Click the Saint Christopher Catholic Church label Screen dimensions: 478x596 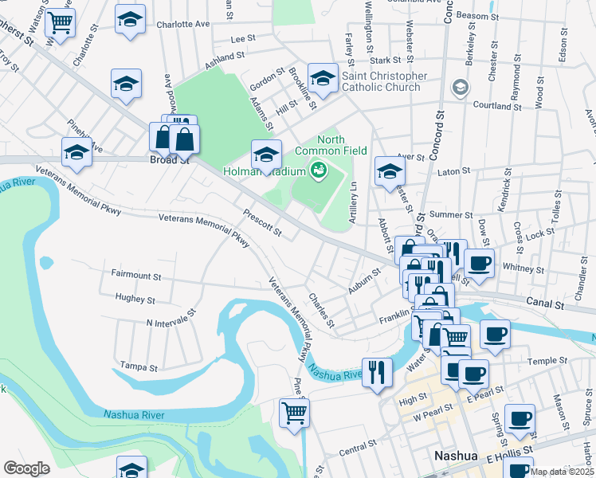point(384,81)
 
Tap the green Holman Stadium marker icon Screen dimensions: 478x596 point(319,170)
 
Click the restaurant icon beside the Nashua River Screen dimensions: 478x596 point(376,372)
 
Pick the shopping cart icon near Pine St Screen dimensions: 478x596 point(294,413)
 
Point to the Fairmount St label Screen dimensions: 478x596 point(136,275)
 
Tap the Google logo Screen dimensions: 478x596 point(26,468)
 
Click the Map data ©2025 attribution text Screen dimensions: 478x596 point(561,472)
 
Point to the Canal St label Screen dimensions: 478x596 point(545,303)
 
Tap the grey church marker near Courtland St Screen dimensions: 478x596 point(460,87)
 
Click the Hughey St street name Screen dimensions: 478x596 point(135,300)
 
